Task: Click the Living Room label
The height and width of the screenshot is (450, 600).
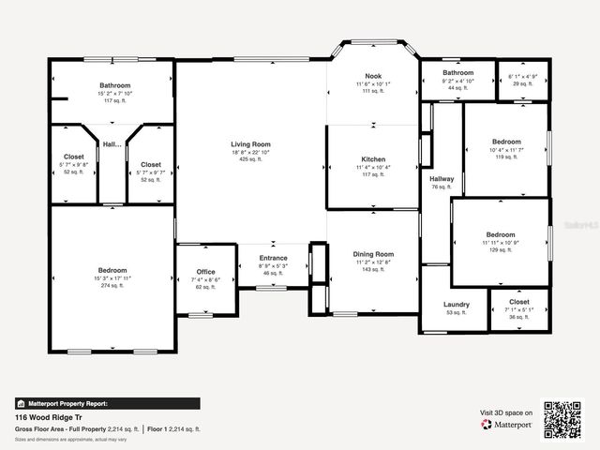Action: tap(250, 144)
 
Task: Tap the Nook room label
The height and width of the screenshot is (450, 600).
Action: tap(373, 75)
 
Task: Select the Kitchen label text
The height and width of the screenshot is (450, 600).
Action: tap(373, 159)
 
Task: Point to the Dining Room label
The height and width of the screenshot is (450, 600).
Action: tap(373, 254)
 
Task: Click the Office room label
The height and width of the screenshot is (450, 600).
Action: tap(205, 272)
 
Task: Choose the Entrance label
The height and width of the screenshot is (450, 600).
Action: tap(274, 259)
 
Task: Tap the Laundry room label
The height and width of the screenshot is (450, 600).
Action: tap(457, 305)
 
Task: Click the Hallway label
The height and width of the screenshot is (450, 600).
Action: tap(442, 179)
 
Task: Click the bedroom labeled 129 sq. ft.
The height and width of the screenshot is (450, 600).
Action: tap(500, 234)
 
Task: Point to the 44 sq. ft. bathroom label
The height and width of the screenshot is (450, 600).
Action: tap(458, 73)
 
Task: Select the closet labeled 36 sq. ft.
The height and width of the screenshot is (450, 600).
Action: tap(519, 303)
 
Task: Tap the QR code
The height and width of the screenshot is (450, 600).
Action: tap(563, 419)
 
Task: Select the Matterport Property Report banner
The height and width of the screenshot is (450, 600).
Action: tap(62, 403)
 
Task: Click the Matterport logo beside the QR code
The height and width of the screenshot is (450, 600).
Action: tap(507, 425)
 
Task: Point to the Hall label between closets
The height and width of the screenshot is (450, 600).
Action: tap(112, 144)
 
